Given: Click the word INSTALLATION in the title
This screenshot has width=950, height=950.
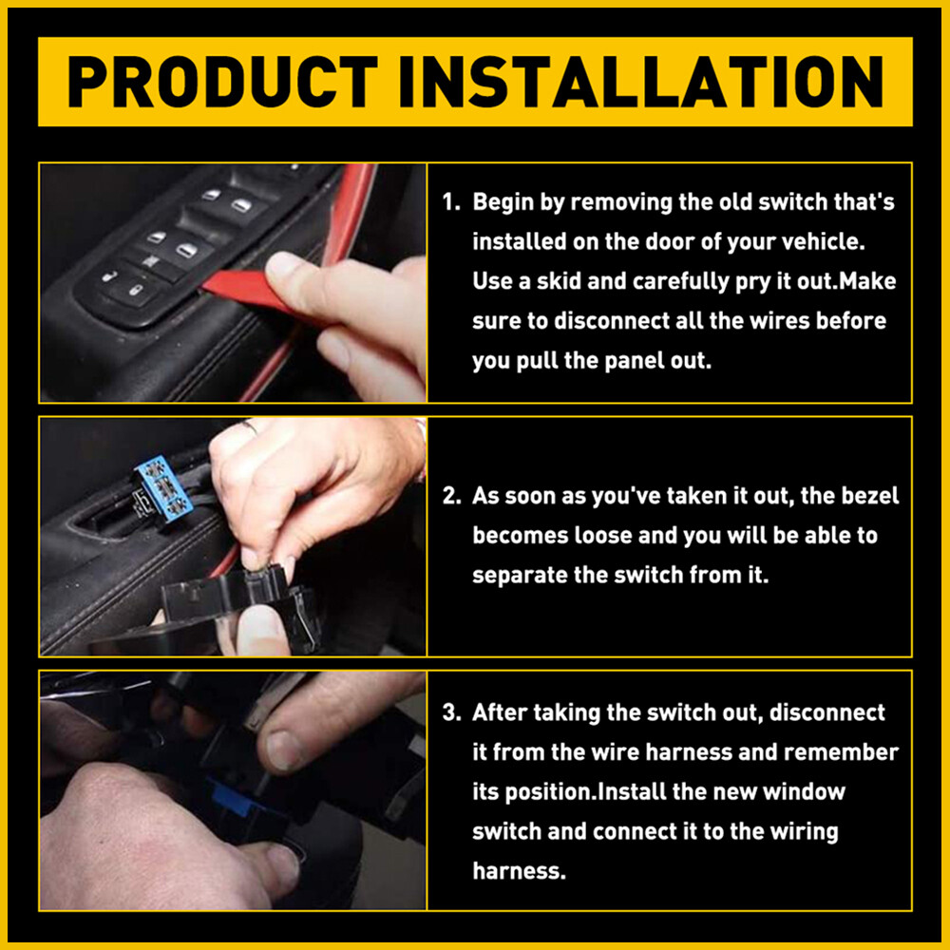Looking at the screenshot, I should (x=641, y=82).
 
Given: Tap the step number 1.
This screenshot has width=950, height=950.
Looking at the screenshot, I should (x=451, y=202).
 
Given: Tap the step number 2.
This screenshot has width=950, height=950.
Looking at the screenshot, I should (x=451, y=496).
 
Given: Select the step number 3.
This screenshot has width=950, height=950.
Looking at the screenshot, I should (x=451, y=712).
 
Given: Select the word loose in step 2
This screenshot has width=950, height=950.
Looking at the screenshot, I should (x=603, y=536).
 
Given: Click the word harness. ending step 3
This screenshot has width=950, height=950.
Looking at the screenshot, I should (x=519, y=871).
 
